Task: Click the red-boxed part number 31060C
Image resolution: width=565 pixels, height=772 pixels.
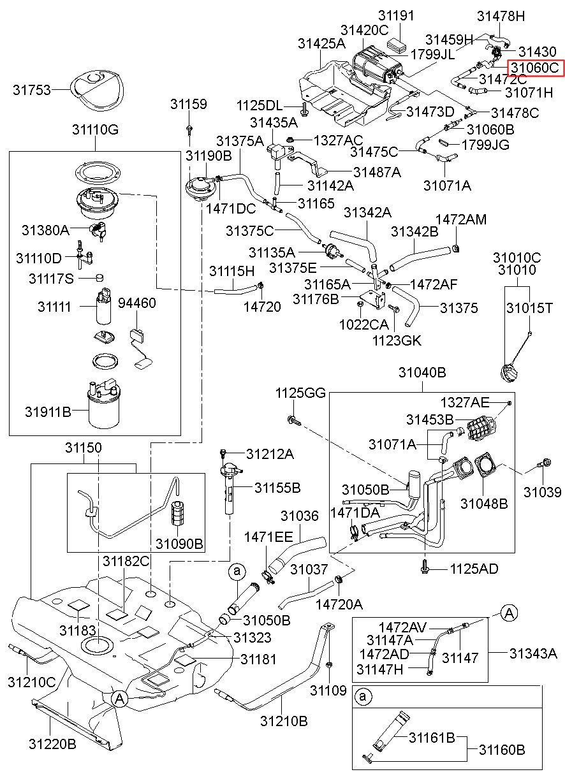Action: [534, 68]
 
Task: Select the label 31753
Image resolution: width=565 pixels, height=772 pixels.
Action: [32, 90]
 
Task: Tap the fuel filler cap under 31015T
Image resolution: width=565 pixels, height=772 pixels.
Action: [508, 374]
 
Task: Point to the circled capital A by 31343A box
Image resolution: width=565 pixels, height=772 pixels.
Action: [509, 613]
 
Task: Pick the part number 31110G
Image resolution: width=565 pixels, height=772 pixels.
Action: [95, 130]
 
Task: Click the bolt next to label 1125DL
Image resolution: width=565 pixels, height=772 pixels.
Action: [304, 108]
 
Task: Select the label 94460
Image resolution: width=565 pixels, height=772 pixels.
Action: [137, 303]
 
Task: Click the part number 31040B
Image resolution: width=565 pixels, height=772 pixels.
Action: [422, 372]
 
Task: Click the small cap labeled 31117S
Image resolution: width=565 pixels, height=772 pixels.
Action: [99, 277]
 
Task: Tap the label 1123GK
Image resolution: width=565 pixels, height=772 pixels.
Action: [397, 341]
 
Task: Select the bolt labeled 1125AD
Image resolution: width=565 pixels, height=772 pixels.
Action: [425, 568]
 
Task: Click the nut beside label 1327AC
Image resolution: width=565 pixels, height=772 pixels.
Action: [290, 140]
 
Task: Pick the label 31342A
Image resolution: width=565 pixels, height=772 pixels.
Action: [367, 213]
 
